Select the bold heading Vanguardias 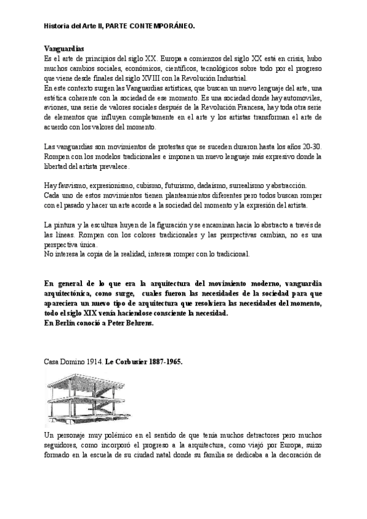coord(65,48)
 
